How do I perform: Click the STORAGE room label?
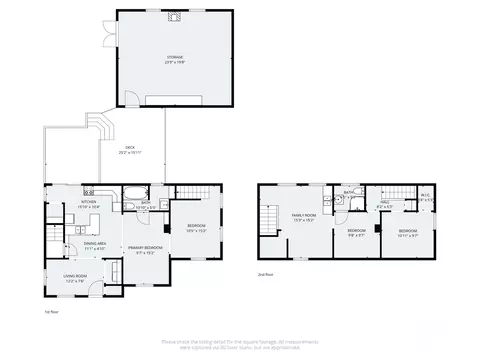[x=175, y=59]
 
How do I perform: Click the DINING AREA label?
[x=96, y=245]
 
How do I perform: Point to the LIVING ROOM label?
[x=76, y=278]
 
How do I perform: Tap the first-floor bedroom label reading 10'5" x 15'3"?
[x=196, y=228]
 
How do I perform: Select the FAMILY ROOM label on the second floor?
[x=304, y=217]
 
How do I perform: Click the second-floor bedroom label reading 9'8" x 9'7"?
[x=356, y=233]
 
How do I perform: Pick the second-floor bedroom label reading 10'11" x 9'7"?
[x=408, y=232]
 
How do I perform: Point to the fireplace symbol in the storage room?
[x=175, y=17]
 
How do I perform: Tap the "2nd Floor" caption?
[x=266, y=273]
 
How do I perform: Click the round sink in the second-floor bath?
[x=342, y=201]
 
